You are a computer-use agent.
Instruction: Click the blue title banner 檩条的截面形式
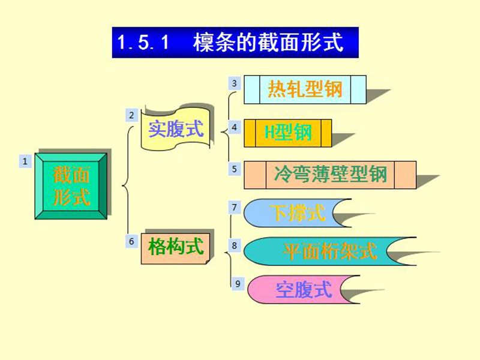(235, 43)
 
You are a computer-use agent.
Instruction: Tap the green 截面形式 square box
(71, 186)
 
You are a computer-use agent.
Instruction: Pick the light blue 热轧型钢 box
(305, 89)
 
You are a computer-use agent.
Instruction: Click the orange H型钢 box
(288, 133)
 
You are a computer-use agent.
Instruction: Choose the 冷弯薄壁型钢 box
(330, 175)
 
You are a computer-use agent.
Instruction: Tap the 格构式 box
(175, 248)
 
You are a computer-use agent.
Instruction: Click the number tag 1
(25, 161)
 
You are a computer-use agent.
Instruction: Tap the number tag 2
(131, 115)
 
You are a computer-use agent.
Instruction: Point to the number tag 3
(235, 83)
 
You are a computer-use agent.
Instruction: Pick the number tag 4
(235, 127)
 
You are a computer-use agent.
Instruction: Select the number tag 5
(235, 169)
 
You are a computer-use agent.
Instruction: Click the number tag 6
(131, 242)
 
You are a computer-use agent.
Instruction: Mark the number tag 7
(235, 208)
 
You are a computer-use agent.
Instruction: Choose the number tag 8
(235, 245)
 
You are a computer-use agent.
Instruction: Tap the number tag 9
(238, 284)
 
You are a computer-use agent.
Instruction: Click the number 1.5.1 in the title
(143, 42)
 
